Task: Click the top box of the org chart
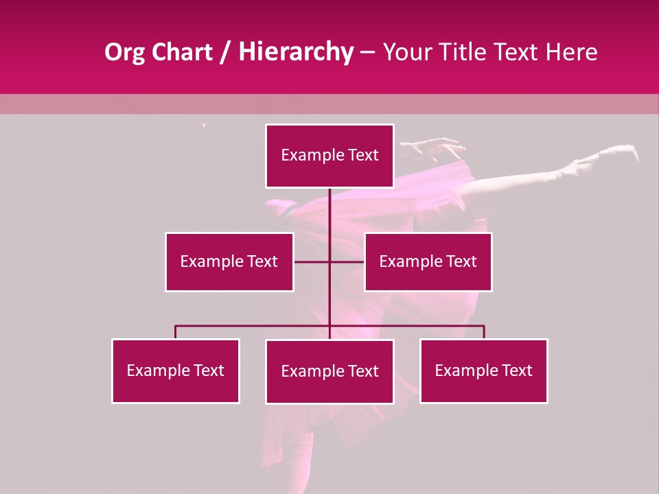[x=329, y=156]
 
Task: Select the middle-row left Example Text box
[x=229, y=261]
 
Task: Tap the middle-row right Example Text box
[x=428, y=261]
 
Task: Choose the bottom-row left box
[x=176, y=370]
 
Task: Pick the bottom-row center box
[x=329, y=371]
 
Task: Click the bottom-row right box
[x=483, y=370]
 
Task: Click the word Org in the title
[x=125, y=52]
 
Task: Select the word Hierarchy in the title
[x=296, y=52]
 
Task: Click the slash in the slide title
[x=225, y=52]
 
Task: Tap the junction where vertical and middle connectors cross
[x=329, y=261]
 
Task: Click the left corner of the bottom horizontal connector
[x=176, y=326]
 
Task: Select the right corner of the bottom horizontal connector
[x=484, y=326]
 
